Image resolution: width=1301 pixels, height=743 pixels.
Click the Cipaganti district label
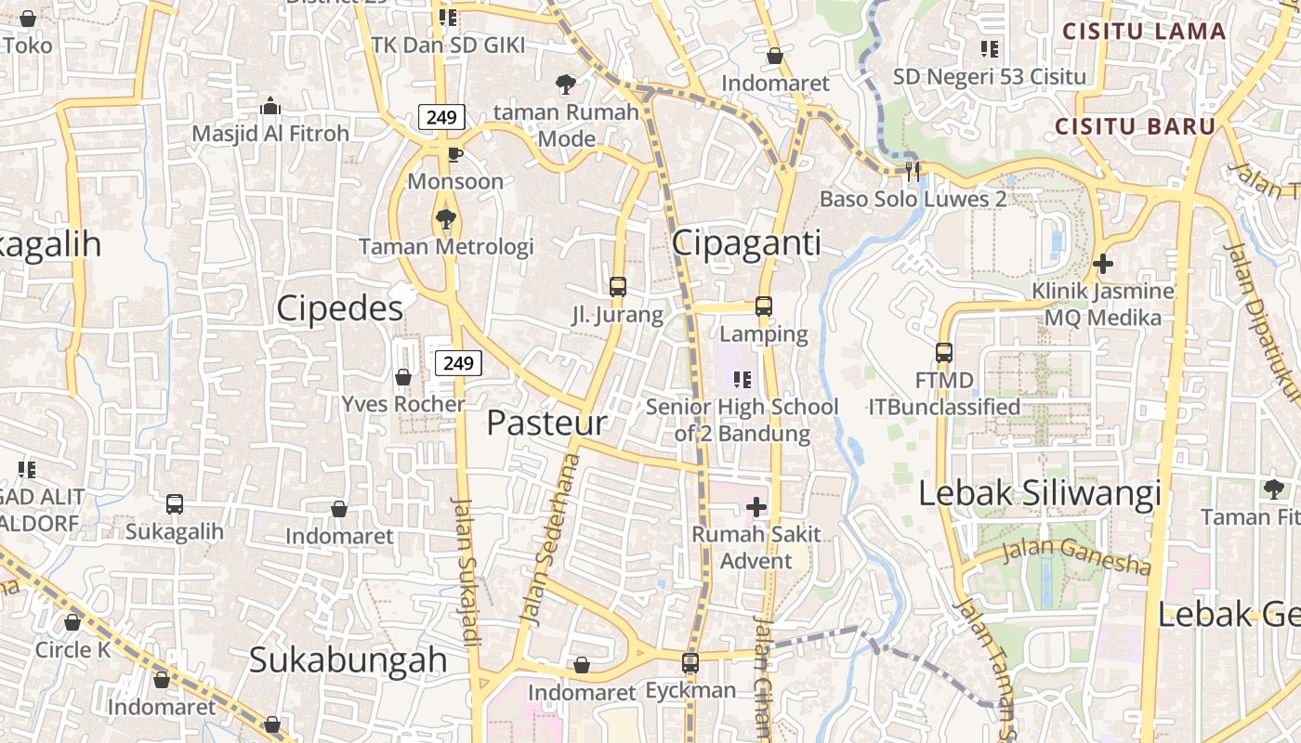[746, 243]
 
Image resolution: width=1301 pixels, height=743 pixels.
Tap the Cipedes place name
[339, 308]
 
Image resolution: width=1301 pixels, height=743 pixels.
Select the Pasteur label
[546, 424]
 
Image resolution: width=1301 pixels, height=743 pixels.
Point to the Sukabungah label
[348, 660]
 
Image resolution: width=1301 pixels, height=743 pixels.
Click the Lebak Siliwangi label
[1040, 493]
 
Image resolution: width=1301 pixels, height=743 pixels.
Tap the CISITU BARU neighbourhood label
[1135, 126]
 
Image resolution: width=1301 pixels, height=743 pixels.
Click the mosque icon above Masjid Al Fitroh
[270, 107]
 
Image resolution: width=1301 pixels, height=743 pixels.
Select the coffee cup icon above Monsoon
[454, 154]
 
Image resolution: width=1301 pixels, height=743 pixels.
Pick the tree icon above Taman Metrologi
[446, 219]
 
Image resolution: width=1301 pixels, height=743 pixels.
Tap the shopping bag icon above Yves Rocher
[403, 377]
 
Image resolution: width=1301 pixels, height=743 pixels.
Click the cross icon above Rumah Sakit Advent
[756, 507]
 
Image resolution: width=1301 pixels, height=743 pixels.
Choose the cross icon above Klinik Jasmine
[1103, 264]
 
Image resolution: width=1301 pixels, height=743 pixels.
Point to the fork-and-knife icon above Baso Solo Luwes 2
[913, 171]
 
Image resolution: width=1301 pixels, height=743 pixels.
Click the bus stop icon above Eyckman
[690, 663]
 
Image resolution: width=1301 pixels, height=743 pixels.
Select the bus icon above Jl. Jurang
[618, 287]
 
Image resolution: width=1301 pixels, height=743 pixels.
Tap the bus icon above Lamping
[764, 306]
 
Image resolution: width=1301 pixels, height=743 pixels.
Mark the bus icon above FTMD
[944, 353]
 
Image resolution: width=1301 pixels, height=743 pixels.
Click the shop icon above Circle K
[72, 622]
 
